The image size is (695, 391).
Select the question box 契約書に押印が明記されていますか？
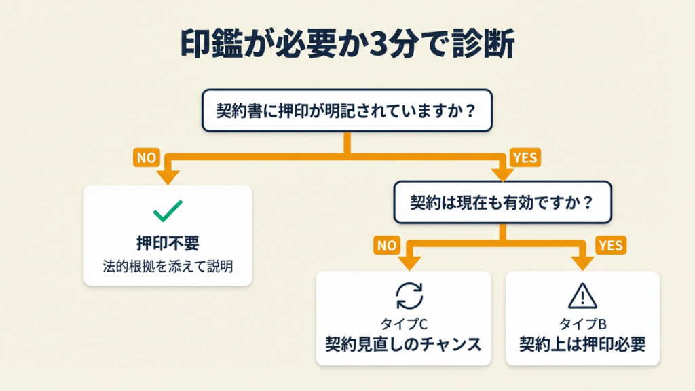click(347, 110)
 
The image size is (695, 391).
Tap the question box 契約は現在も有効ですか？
click(502, 202)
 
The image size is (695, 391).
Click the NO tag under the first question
click(147, 158)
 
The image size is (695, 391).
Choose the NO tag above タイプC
click(386, 245)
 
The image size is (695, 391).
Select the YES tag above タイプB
click(610, 245)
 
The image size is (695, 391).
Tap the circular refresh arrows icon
click(409, 295)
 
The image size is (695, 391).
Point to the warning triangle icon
click(582, 295)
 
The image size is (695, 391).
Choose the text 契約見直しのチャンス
click(403, 344)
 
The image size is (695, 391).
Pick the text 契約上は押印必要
click(582, 344)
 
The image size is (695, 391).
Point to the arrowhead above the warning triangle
click(582, 263)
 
